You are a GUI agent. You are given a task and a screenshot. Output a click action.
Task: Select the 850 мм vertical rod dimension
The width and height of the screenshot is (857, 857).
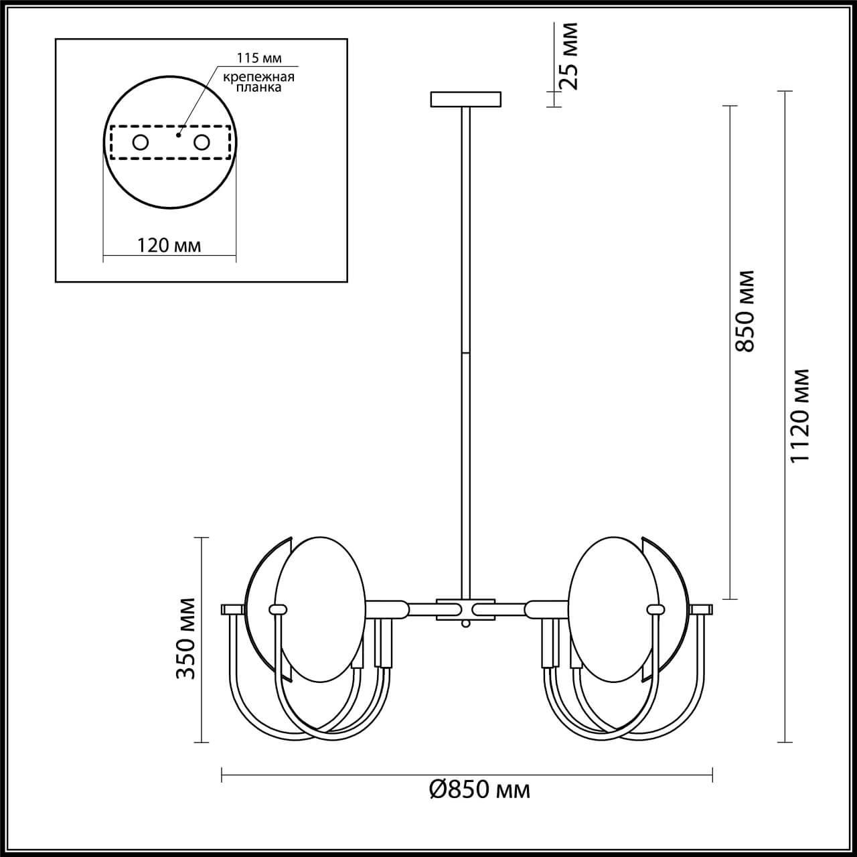coord(744,311)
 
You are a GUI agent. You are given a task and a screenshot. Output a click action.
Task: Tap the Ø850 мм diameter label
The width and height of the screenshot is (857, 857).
coord(479,790)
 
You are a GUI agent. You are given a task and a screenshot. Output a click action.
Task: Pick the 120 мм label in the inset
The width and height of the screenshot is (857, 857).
coord(169,245)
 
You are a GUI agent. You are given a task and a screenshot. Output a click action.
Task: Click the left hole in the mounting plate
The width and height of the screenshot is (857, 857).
coord(141,142)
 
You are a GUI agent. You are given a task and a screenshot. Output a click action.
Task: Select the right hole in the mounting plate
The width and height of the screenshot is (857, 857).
coord(201,142)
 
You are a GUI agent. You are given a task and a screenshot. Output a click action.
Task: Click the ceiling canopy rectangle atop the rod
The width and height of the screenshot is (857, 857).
coord(465,99)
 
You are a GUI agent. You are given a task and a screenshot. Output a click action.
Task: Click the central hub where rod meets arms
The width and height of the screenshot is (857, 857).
coord(465,609)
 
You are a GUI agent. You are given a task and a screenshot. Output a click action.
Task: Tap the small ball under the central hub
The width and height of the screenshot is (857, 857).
coord(465,623)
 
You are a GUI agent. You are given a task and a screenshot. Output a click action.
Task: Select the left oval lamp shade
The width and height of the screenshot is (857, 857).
coord(321,609)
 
